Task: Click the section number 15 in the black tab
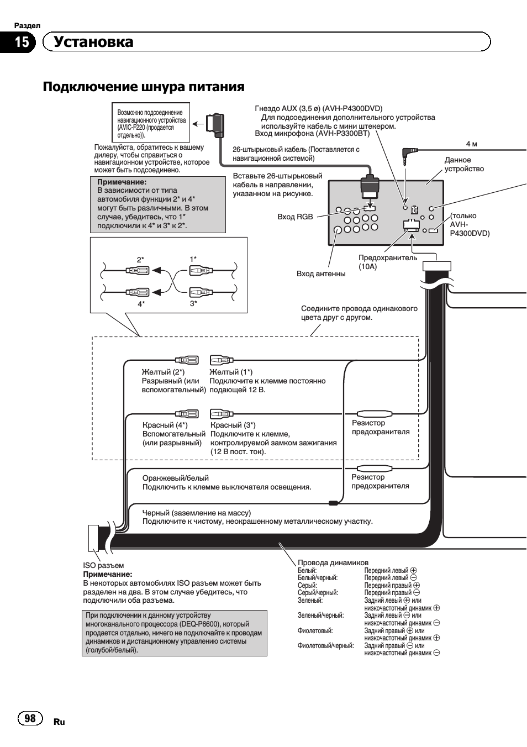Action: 22,42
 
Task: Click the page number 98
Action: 30,718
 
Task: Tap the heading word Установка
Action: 93,41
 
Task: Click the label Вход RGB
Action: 295,217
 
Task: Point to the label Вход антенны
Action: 320,274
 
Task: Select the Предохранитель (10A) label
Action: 387,262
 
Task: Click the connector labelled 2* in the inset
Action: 138,270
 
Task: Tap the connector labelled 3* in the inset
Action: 201,292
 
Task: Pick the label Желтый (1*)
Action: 231,372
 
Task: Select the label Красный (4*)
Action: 165,425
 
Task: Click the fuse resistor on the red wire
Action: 375,414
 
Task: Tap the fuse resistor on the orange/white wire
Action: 375,468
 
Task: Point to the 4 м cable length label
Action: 471,144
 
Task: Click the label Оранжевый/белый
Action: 175,478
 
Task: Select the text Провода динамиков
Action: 333,562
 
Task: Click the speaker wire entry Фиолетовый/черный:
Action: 325,646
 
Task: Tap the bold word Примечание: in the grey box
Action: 122,182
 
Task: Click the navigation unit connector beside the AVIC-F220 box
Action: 215,124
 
